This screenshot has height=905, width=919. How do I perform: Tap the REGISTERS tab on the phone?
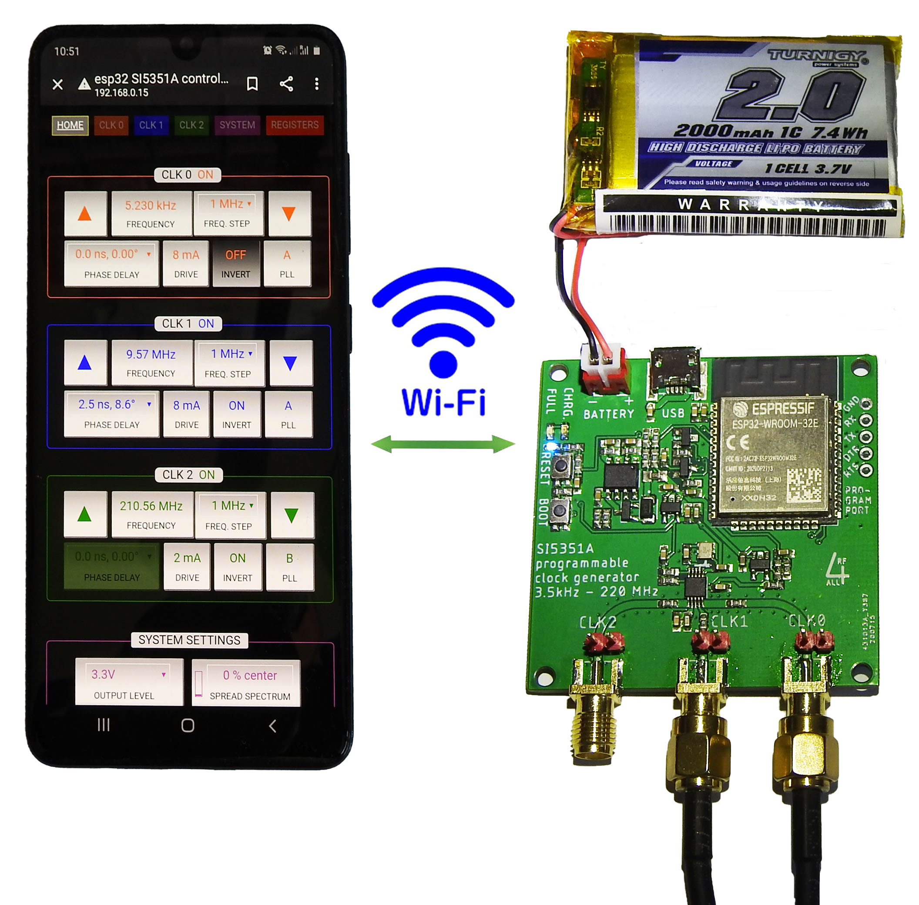pos(294,125)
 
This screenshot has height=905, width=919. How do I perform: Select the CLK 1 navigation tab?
pos(151,125)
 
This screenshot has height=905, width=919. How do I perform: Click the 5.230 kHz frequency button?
pos(151,213)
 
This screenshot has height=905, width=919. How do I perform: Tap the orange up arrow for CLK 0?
pos(84,213)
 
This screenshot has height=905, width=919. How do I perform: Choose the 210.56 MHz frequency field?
pos(151,514)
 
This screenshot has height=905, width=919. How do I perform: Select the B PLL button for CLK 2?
pos(289,567)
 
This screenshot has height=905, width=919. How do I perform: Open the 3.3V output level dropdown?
pos(128,681)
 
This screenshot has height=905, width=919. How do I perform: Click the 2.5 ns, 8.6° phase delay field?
pos(111,413)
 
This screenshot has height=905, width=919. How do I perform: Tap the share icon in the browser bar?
pos(286,84)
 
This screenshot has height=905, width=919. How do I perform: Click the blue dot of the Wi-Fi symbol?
pos(443,364)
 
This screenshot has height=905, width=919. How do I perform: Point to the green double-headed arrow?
pos(443,444)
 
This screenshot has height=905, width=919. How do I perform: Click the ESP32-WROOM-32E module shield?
pos(774,456)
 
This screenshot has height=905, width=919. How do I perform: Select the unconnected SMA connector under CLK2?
pos(594,727)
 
